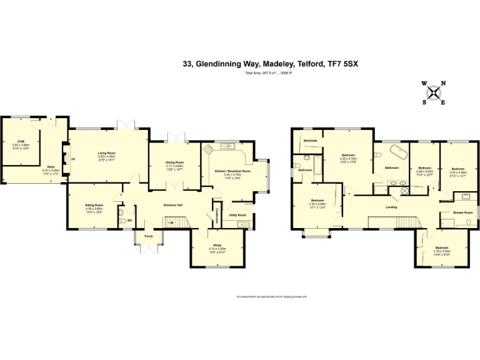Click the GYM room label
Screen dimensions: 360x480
tap(21, 141)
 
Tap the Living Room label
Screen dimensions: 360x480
tap(106, 153)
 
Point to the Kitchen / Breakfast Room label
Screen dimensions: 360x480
tap(232, 171)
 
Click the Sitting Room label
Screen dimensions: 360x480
tap(94, 205)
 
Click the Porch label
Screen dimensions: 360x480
tap(149, 237)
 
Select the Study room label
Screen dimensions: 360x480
tap(217, 245)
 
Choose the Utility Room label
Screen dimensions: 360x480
tap(237, 215)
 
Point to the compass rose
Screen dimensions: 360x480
tap(433, 92)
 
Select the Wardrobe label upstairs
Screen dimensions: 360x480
tap(311, 141)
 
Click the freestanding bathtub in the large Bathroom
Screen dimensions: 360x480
tap(398, 153)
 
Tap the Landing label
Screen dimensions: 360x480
tap(392, 207)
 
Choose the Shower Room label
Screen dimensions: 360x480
tap(463, 212)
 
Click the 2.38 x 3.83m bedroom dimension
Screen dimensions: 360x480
tap(425, 171)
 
